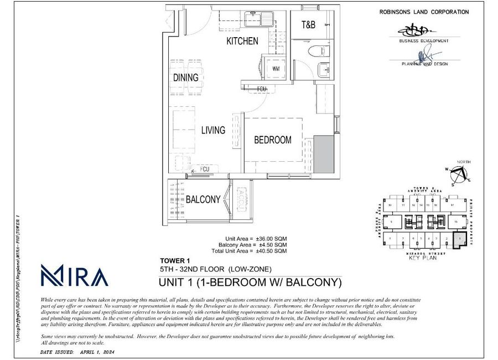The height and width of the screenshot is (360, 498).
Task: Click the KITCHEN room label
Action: click(242, 41)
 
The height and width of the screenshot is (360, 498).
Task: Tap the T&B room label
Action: click(308, 24)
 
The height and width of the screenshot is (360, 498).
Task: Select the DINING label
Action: click(185, 78)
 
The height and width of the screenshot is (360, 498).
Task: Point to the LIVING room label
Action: click(213, 130)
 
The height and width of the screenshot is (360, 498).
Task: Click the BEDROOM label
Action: click(272, 140)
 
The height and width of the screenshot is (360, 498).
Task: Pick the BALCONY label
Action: click(203, 199)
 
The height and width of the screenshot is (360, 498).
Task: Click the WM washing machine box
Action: click(276, 68)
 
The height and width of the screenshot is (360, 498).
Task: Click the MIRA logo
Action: click(74, 275)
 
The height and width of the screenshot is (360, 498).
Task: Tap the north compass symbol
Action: click(459, 174)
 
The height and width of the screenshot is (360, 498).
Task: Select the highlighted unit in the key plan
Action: click(459, 239)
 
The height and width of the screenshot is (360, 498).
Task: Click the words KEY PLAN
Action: click(423, 258)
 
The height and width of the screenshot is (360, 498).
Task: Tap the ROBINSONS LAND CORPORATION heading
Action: click(424, 12)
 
